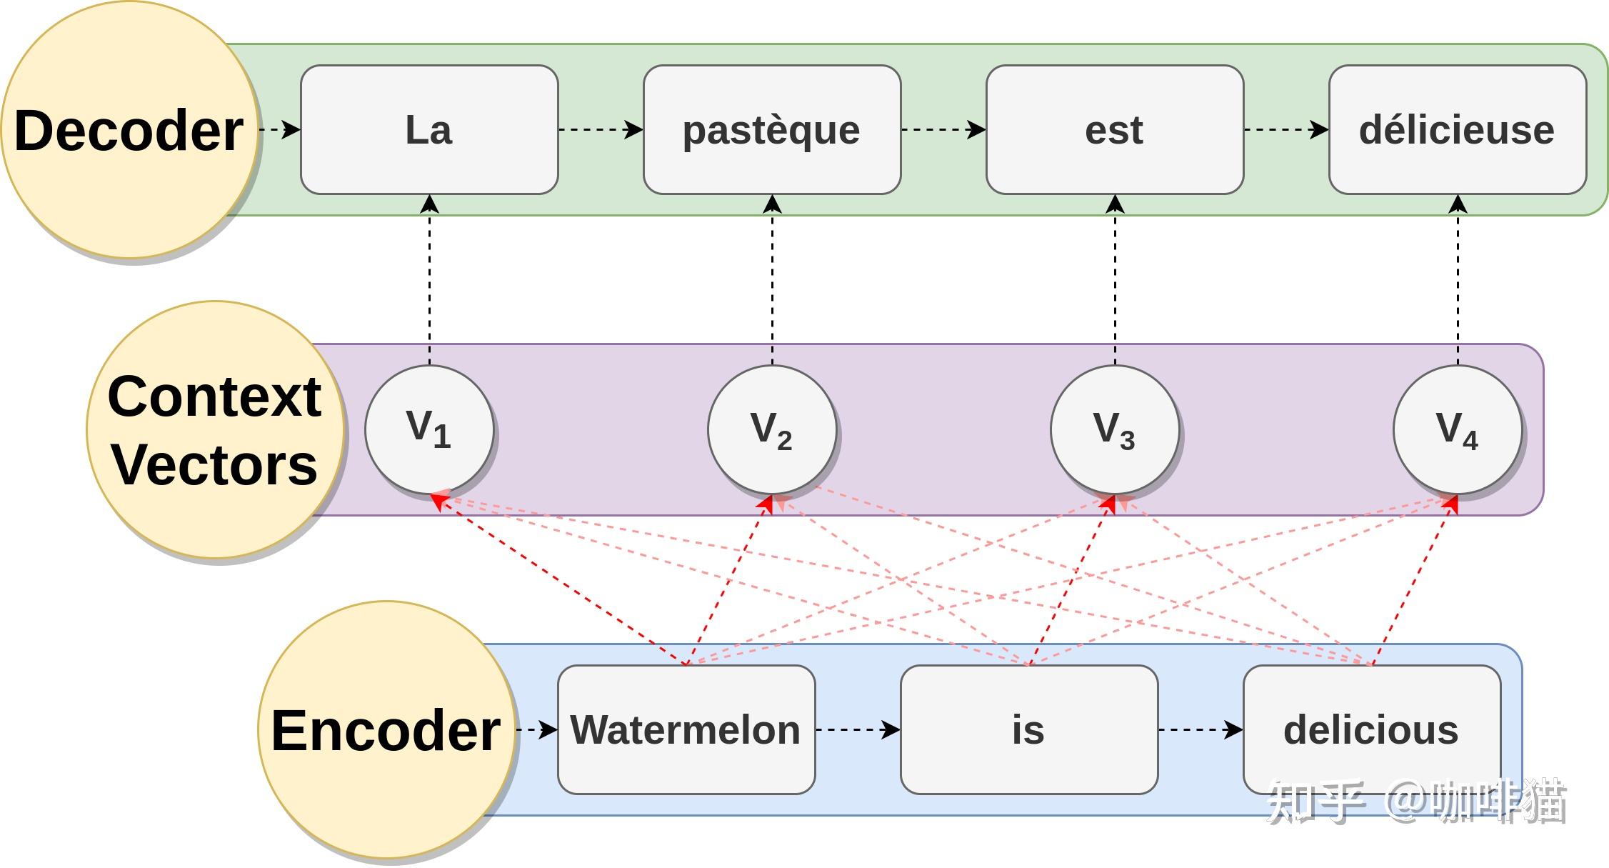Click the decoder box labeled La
click(428, 129)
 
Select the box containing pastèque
click(771, 129)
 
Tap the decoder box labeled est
click(1114, 129)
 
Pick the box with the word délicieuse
click(1457, 129)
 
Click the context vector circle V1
click(428, 429)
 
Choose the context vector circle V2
click(771, 429)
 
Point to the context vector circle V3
click(1114, 429)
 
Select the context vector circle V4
click(1457, 429)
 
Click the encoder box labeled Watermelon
click(686, 729)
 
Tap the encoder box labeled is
click(1028, 729)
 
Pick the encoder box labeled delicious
click(1371, 729)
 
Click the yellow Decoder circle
click(129, 129)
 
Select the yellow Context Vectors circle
click(214, 429)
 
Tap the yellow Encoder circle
click(386, 729)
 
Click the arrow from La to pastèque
click(600, 129)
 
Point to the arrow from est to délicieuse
click(1285, 129)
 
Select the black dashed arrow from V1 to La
click(429, 279)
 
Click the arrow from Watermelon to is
click(857, 729)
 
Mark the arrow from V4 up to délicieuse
click(1458, 279)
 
